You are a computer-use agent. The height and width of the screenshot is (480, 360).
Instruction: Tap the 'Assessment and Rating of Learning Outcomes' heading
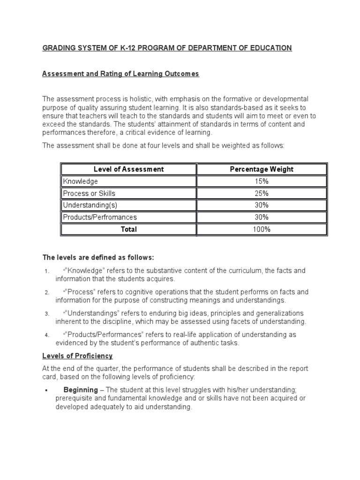[x=120, y=74]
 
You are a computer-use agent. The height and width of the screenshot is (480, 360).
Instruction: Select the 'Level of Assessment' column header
[x=128, y=169]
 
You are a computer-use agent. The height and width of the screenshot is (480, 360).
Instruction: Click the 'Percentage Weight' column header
[x=262, y=169]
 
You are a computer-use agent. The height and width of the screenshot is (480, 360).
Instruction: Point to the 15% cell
[x=262, y=181]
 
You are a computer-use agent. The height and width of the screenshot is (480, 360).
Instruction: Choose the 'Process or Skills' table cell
[x=89, y=193]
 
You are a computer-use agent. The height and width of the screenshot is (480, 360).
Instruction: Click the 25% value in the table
[x=262, y=193]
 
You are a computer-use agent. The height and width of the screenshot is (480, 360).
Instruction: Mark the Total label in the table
[x=129, y=229]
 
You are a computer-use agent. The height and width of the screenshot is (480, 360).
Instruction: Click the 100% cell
[x=262, y=229]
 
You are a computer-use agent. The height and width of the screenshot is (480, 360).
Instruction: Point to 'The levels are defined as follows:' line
[x=98, y=257]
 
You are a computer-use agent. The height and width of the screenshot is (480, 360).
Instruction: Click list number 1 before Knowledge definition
[x=47, y=271]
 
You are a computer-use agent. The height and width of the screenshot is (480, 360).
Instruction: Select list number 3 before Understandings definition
[x=47, y=314]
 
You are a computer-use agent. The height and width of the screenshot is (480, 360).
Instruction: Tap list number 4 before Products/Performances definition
[x=47, y=335]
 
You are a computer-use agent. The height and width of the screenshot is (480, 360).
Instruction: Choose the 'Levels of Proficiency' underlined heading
[x=77, y=356]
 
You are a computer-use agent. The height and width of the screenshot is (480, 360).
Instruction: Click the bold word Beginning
[x=81, y=390]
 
